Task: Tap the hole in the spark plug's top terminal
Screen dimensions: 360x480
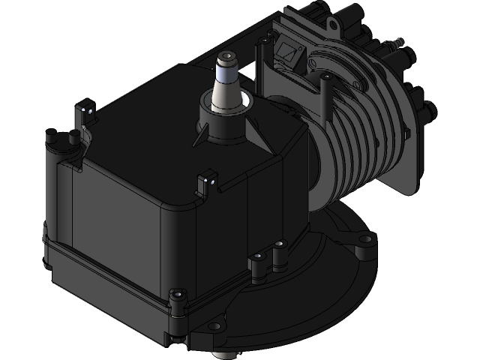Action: click(226, 56)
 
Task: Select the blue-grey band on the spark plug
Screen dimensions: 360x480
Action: click(226, 73)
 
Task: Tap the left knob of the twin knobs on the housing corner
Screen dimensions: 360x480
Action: click(51, 138)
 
